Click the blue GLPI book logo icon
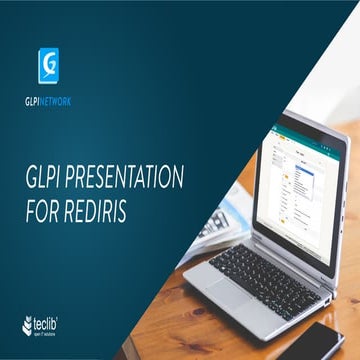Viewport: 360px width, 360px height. coord(47,67)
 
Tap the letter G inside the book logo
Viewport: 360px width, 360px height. coord(47,67)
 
